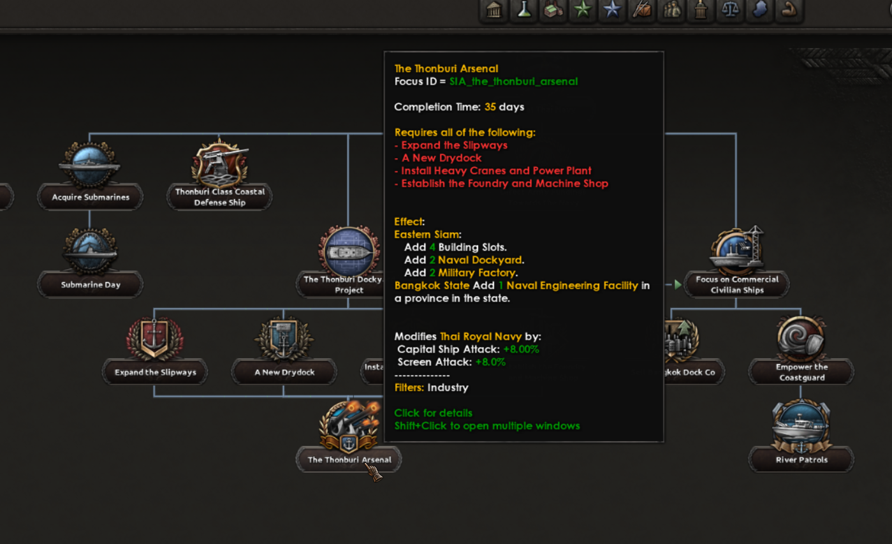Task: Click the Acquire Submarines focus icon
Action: tap(89, 165)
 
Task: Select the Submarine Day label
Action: tap(91, 284)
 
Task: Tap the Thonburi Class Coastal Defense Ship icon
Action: tap(219, 163)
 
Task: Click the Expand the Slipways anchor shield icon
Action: tap(154, 338)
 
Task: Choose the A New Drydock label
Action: tap(284, 372)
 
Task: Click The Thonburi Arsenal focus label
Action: tap(349, 460)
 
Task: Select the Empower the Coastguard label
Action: tap(801, 372)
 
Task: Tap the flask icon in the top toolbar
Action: tap(523, 10)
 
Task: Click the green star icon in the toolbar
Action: tap(582, 10)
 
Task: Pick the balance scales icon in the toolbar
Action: tap(730, 10)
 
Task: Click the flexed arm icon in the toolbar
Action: tap(789, 10)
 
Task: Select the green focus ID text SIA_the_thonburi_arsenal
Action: tap(513, 82)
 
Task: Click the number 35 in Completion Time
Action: tap(490, 107)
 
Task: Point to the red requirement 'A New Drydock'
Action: tap(442, 158)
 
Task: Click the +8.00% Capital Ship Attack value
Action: tap(521, 349)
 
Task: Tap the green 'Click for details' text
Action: tap(434, 413)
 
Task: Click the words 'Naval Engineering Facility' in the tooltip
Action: tap(572, 286)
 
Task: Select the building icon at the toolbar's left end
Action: tap(494, 10)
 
